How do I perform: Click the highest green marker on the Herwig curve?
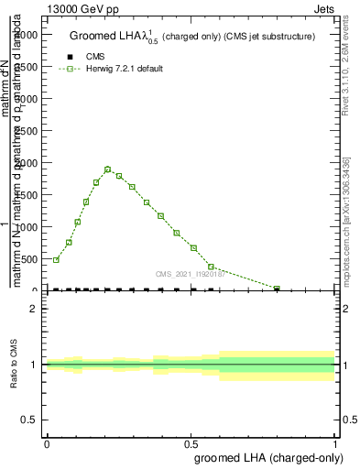click(108, 169)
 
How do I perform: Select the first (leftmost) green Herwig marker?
click(56, 260)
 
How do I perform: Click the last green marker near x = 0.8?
click(277, 289)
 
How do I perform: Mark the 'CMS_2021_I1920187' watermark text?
click(189, 273)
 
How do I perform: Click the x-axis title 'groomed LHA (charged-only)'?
click(266, 456)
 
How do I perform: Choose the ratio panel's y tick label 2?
click(34, 310)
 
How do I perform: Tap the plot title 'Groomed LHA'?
click(105, 37)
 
